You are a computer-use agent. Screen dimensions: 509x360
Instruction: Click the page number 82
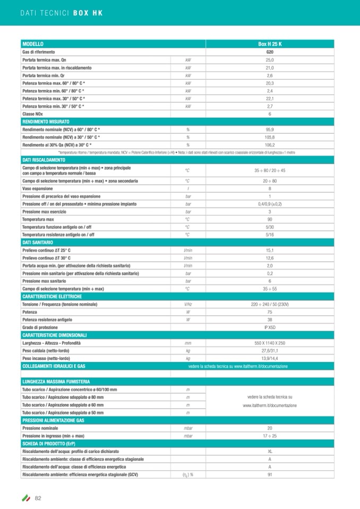coord(38,497)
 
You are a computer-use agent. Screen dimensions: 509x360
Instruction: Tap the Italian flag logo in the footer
coord(25,498)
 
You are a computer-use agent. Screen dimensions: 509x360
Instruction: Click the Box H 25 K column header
coord(270,44)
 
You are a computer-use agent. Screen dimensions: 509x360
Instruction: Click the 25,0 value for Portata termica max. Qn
coord(270,60)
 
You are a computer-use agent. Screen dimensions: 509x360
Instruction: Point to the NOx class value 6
coord(270,114)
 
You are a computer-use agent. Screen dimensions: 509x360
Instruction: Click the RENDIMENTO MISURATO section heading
coord(42,122)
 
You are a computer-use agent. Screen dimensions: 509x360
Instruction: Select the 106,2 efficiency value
coord(270,145)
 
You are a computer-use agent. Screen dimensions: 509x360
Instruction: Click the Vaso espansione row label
coord(37,188)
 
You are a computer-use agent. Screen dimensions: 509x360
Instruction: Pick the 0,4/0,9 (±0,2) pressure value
coord(270,204)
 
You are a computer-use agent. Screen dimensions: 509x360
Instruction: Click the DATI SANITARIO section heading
coord(37,242)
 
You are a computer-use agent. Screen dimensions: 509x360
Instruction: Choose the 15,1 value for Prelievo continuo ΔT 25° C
coord(270,250)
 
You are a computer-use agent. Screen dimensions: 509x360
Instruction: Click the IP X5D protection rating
coord(270,327)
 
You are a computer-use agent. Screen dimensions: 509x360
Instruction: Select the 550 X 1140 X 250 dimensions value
coord(270,343)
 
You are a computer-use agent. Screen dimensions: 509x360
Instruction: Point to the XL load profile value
coord(270,451)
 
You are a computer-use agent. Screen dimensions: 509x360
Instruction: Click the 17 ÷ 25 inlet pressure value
coord(270,436)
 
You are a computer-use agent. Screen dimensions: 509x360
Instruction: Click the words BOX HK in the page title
coord(88,12)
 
